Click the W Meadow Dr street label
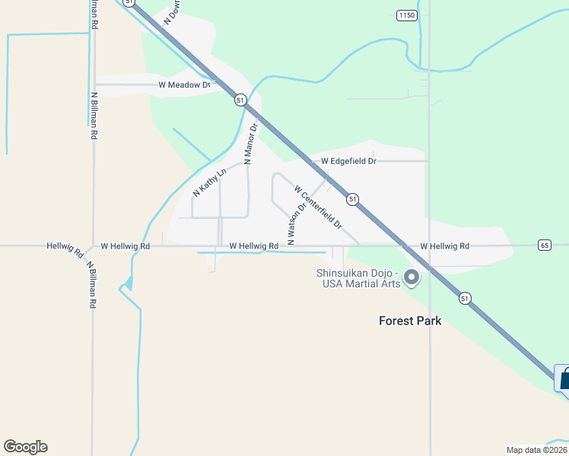[x=183, y=85]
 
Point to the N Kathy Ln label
[x=209, y=183]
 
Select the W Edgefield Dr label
[x=348, y=161]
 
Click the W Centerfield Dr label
[x=318, y=207]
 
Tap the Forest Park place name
[x=410, y=321]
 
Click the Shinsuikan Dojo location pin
[x=412, y=277]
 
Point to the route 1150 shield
[x=407, y=15]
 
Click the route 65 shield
[x=544, y=245]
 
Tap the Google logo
[x=25, y=447]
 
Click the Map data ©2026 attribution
[x=536, y=449]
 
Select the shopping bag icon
[x=564, y=378]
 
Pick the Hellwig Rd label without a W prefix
[x=65, y=249]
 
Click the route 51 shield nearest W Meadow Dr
[x=240, y=100]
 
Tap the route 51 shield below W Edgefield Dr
[x=352, y=199]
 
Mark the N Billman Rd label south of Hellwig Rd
[x=91, y=284]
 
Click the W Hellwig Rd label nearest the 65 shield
[x=444, y=246]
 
